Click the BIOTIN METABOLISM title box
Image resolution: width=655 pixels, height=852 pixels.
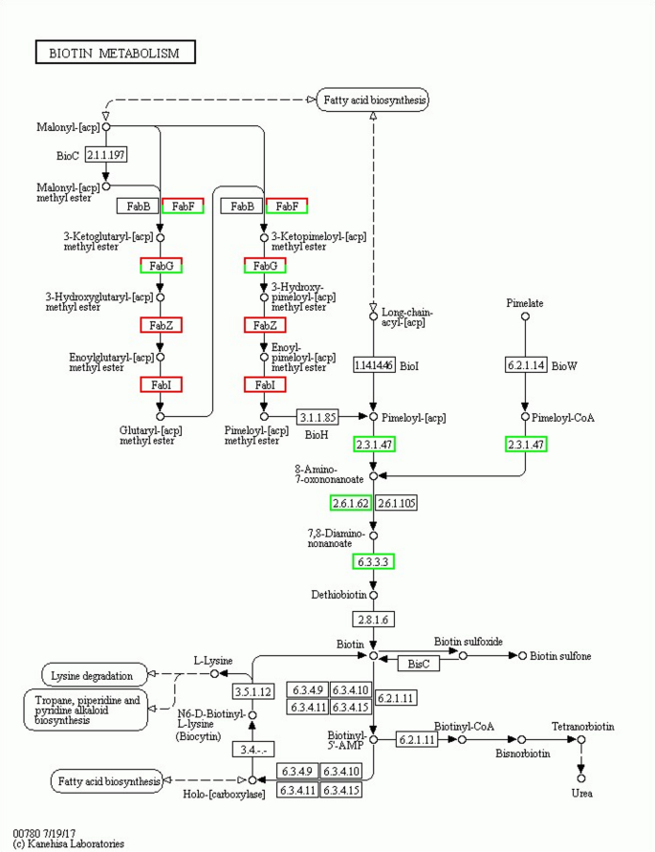(114, 53)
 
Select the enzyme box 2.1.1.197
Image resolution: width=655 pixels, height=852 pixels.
(106, 154)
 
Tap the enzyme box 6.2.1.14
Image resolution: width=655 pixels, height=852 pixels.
(525, 364)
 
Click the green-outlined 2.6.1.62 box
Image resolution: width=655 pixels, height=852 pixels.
(351, 502)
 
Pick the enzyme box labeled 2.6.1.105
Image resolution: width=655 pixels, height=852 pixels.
(397, 502)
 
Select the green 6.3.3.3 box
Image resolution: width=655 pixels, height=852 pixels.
(374, 561)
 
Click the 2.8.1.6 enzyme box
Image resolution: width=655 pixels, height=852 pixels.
(374, 619)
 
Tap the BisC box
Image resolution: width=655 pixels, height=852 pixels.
(418, 663)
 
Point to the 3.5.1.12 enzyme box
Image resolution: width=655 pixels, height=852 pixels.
(253, 689)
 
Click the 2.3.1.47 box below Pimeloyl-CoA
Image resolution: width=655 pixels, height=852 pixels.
(525, 444)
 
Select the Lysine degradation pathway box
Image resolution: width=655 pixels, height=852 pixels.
(94, 674)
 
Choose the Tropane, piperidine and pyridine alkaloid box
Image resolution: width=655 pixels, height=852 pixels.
(86, 710)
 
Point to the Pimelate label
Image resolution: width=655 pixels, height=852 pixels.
(525, 303)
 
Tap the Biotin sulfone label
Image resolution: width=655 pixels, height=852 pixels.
(560, 655)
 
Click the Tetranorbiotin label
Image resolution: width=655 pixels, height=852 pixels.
(582, 727)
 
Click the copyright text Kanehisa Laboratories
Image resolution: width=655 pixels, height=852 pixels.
(68, 844)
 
